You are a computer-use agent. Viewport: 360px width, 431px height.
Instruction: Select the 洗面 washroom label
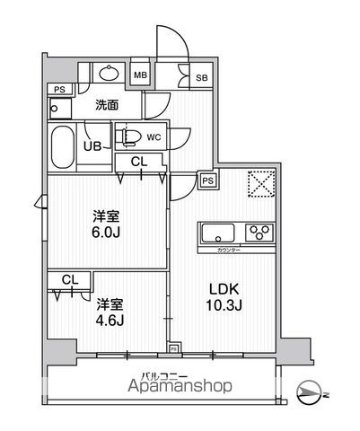(108, 104)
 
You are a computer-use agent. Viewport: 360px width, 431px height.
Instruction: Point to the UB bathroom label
(92, 145)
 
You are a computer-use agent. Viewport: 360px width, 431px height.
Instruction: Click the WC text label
(153, 137)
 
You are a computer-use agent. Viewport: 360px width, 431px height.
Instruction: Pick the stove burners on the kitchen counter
(263, 233)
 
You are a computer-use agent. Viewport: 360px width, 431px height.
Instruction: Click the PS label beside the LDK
(207, 180)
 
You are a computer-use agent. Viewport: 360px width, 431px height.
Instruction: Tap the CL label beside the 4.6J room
(67, 280)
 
